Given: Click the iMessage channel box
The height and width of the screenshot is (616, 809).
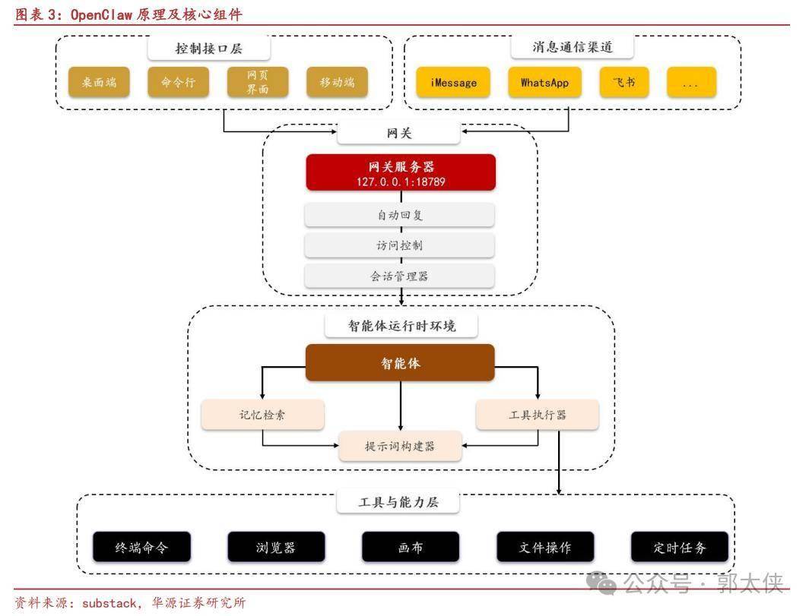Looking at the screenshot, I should click(x=453, y=82).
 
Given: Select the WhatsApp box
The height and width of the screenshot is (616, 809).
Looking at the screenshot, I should click(x=544, y=82).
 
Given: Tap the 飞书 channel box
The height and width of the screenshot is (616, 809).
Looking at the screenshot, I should click(x=623, y=82).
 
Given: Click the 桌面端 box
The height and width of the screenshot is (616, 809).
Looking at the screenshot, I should click(x=100, y=82).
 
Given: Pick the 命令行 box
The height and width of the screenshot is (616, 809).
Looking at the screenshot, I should click(x=178, y=82).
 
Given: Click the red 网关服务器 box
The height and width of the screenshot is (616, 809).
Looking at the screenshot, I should click(x=401, y=172).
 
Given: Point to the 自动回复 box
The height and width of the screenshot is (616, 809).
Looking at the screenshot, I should click(x=400, y=215).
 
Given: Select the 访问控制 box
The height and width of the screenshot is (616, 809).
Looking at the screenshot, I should click(x=400, y=245).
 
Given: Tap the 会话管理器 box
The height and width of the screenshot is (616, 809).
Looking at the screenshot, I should click(x=400, y=276).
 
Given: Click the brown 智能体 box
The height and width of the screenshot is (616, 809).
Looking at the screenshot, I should click(x=400, y=362).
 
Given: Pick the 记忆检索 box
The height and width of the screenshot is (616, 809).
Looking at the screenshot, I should click(x=262, y=415).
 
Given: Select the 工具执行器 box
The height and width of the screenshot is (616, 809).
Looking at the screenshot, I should click(x=537, y=415).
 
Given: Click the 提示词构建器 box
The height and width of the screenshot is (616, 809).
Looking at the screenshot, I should click(x=400, y=446).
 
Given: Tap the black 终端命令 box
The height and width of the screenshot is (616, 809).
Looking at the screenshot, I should click(x=141, y=547).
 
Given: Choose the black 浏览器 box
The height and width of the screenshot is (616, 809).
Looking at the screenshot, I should click(x=276, y=547).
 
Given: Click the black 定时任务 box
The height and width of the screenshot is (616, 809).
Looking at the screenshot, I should click(x=680, y=547).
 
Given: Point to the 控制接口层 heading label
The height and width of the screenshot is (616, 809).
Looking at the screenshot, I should click(x=209, y=49).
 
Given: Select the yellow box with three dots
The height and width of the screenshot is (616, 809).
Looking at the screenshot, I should click(x=691, y=82).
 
